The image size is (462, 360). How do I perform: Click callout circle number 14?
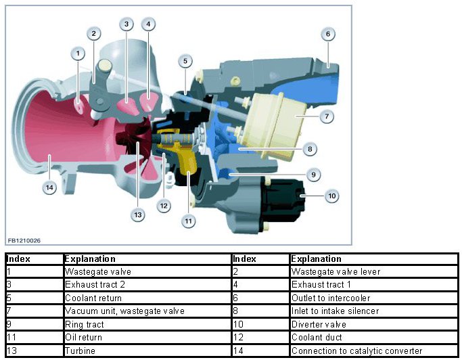pos(49,188)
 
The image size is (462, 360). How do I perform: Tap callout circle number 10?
pos(331,196)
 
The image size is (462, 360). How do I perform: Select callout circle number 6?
pos(327,33)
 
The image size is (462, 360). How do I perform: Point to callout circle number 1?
pos(78,52)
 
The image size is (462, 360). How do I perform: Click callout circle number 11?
pos(188,220)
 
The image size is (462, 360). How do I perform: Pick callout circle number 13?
pos(138,215)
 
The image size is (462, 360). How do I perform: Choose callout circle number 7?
pos(326,116)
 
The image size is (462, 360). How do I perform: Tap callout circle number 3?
pos(126,24)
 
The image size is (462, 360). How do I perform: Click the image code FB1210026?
pos(24,240)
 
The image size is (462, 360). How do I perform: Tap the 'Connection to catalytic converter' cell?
pos(356,351)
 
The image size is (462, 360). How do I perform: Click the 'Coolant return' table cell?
pos(93,298)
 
